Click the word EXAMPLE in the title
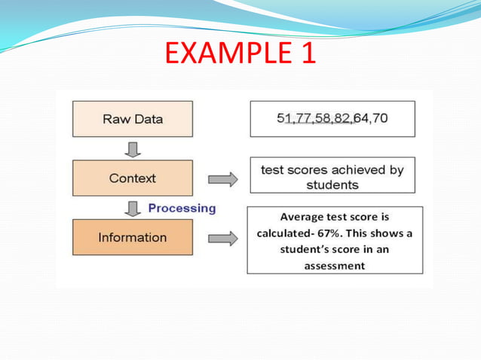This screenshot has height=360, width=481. click(x=222, y=54)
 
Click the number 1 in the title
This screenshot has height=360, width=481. click(x=306, y=54)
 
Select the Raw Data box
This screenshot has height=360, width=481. click(x=133, y=119)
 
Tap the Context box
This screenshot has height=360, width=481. click(x=133, y=178)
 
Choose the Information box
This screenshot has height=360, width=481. click(x=133, y=237)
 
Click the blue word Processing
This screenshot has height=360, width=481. click(x=182, y=208)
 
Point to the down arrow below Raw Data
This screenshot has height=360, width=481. click(x=133, y=149)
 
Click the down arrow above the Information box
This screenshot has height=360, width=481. click(x=133, y=208)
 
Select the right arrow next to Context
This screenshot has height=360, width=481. click(x=222, y=179)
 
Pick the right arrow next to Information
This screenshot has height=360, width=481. click(x=222, y=238)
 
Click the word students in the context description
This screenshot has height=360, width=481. click(x=332, y=185)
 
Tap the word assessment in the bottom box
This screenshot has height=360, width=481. click(x=334, y=266)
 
